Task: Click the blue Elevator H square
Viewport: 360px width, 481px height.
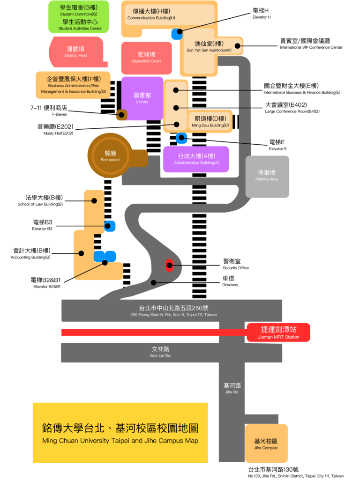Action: [177, 34]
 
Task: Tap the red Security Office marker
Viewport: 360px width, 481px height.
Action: [169, 265]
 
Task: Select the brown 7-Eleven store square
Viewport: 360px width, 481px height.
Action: [122, 114]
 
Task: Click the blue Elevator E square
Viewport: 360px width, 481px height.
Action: [181, 138]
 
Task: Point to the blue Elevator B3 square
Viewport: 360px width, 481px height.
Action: [110, 226]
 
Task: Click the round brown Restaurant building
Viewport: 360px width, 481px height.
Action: [110, 155]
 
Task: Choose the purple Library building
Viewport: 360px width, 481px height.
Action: [142, 97]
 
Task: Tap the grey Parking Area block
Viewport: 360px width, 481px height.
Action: [267, 176]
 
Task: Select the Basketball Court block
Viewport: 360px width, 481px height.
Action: [146, 58]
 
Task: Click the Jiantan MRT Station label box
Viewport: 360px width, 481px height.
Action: [278, 333]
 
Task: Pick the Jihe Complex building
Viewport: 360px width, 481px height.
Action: [266, 444]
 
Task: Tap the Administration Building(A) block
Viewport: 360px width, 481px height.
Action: [196, 159]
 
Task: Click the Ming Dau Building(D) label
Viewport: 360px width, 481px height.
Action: [210, 121]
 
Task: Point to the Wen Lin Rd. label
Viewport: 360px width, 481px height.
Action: [160, 352]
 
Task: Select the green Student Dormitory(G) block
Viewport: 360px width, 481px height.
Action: [79, 17]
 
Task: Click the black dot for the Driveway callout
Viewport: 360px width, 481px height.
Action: [154, 282]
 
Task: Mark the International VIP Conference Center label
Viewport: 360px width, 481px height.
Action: [311, 44]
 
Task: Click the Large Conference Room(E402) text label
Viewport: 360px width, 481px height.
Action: [292, 108]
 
